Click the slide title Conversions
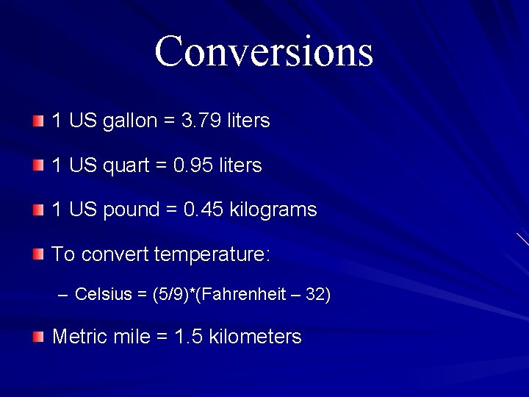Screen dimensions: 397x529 (x=264, y=51)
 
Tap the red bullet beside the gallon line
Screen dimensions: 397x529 (x=38, y=121)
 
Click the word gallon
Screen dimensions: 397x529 (x=130, y=121)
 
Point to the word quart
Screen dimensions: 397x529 (x=126, y=166)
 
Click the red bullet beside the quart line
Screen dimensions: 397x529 (x=38, y=165)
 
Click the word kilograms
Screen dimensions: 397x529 (x=273, y=210)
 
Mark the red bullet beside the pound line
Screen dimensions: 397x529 (x=38, y=210)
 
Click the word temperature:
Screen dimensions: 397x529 (x=212, y=255)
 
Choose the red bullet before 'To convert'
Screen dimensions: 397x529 (x=38, y=255)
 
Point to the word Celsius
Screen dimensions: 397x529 (x=102, y=295)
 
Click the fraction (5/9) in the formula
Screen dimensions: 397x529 (x=168, y=295)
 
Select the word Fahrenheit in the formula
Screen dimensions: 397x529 (x=243, y=295)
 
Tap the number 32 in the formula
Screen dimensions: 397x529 (x=315, y=295)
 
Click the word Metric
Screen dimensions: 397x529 (x=81, y=337)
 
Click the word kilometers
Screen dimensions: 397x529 (x=255, y=337)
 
